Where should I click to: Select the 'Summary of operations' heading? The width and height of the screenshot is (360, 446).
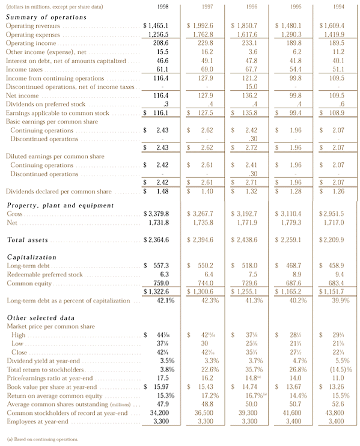[x=46, y=17]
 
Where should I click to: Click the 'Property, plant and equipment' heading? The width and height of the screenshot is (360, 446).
[x=60, y=205]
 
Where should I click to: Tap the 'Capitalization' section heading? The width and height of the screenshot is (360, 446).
[x=32, y=257]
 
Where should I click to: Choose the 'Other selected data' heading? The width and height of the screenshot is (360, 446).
[x=40, y=317]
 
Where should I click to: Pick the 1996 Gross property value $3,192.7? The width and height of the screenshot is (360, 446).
[x=245, y=214]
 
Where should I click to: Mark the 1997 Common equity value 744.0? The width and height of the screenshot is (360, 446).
[x=203, y=283]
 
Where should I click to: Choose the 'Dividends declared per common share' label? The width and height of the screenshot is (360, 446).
[x=58, y=192]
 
